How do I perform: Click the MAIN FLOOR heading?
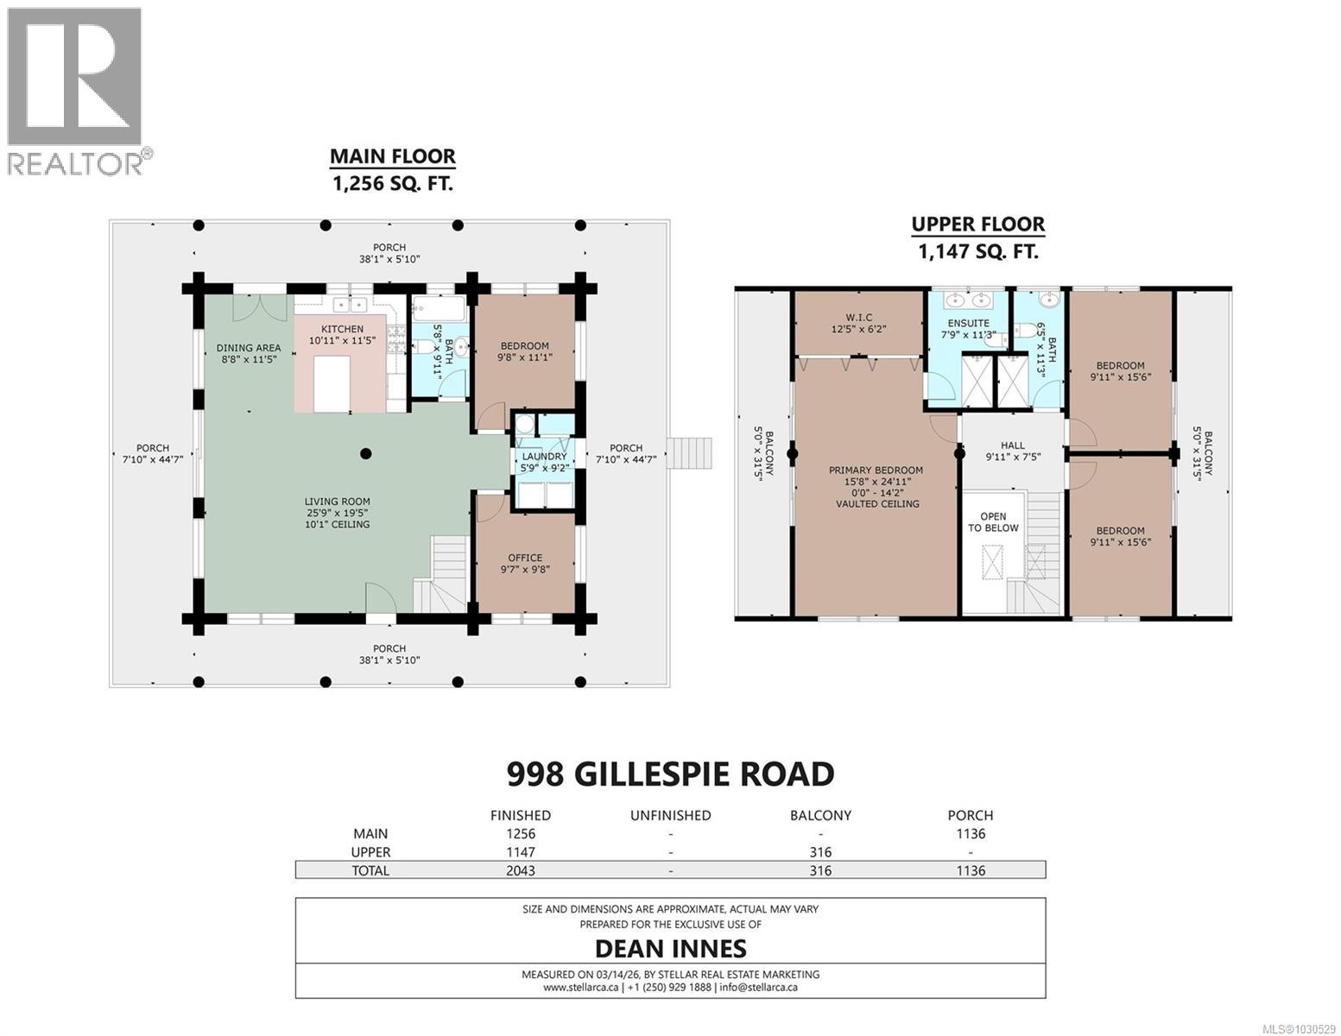pyautogui.click(x=392, y=156)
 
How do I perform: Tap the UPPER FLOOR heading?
pyautogui.click(x=977, y=224)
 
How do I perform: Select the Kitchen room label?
pyautogui.click(x=342, y=329)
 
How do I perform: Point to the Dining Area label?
pyautogui.click(x=248, y=348)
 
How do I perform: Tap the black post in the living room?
pyautogui.click(x=365, y=453)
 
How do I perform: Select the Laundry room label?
pyautogui.click(x=544, y=457)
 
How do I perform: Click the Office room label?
pyautogui.click(x=524, y=558)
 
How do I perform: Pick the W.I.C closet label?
pyautogui.click(x=858, y=317)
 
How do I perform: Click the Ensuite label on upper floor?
pyautogui.click(x=968, y=323)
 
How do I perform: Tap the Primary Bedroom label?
pyautogui.click(x=876, y=471)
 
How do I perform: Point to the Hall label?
pyautogui.click(x=1012, y=446)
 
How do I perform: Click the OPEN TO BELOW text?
pyautogui.click(x=993, y=522)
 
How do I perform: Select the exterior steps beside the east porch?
pyautogui.click(x=694, y=453)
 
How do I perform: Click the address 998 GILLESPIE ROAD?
pyautogui.click(x=670, y=774)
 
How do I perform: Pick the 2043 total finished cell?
pyautogui.click(x=520, y=870)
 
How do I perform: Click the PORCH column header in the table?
pyautogui.click(x=970, y=815)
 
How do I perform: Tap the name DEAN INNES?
pyautogui.click(x=670, y=949)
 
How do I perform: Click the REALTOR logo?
pyautogui.click(x=76, y=91)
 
